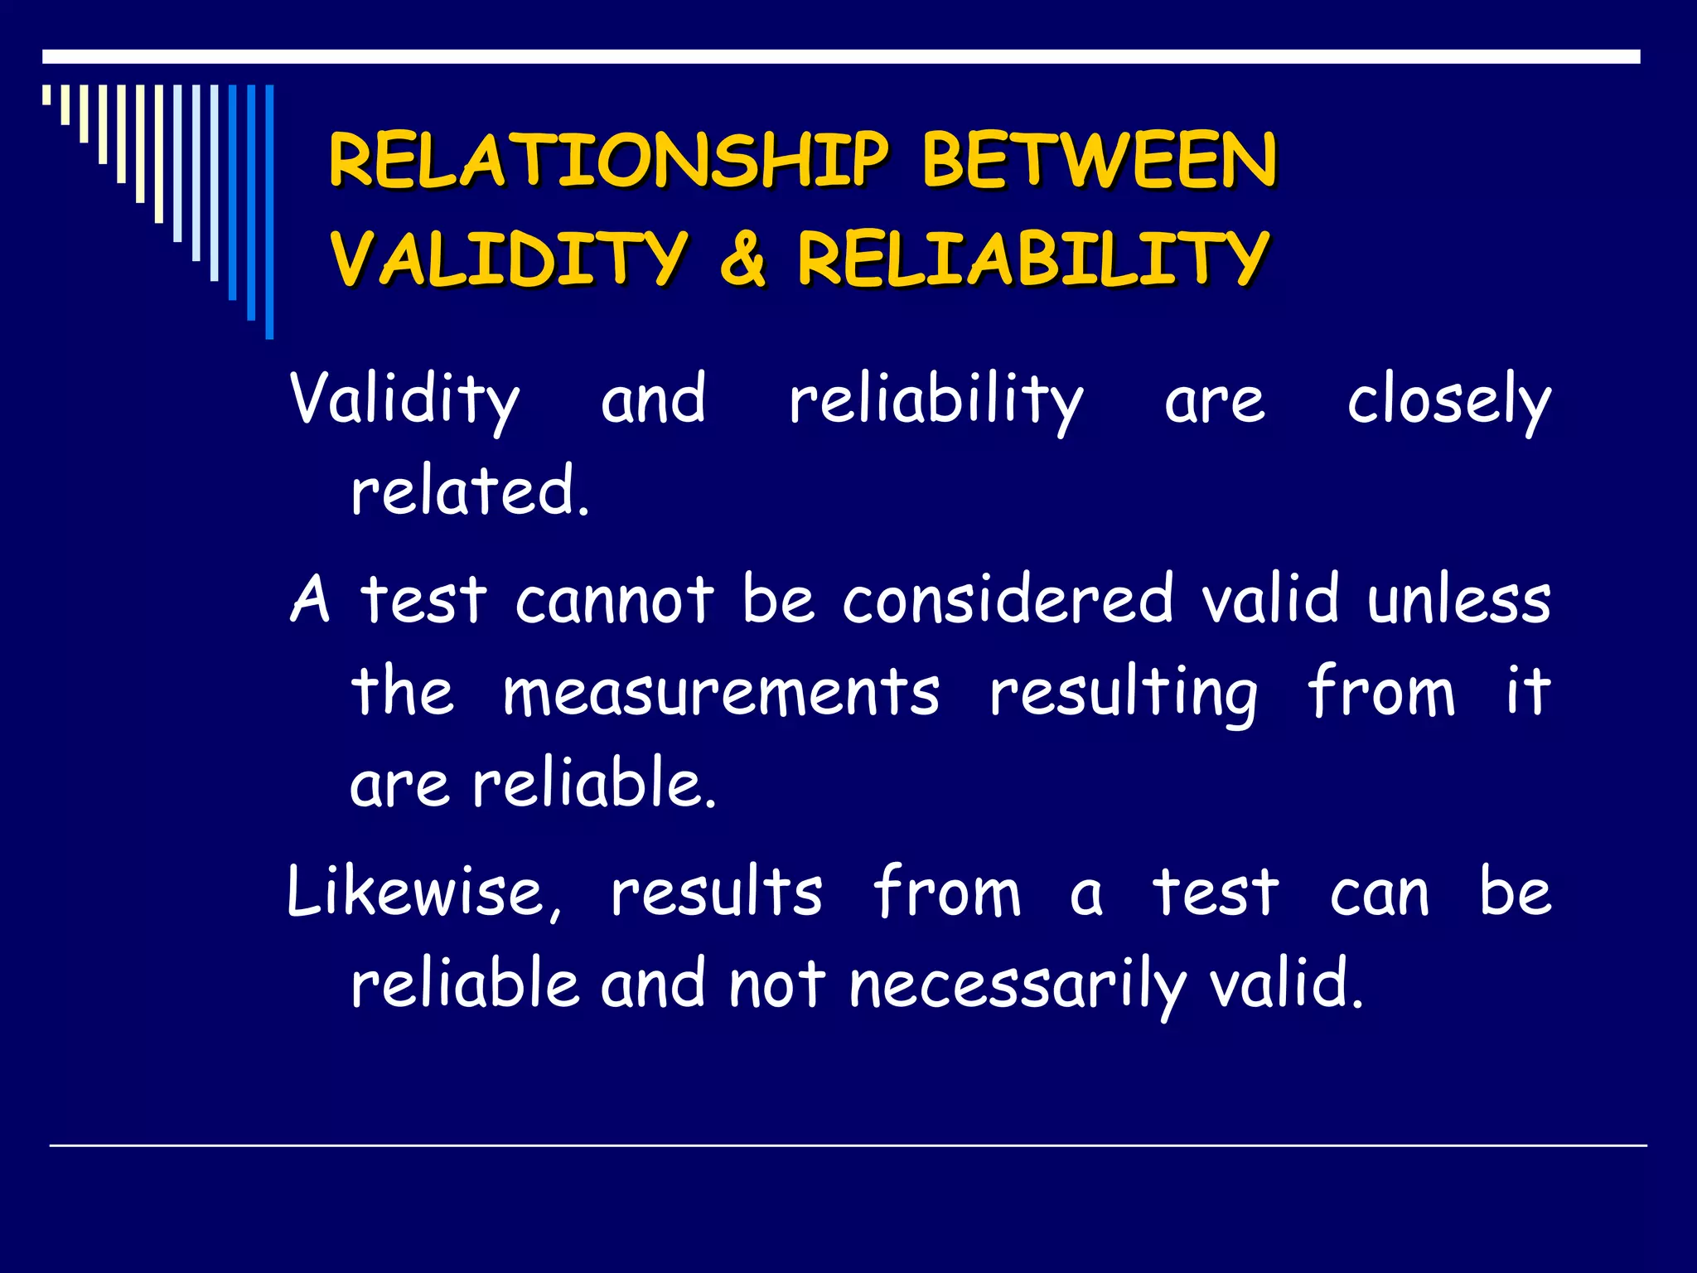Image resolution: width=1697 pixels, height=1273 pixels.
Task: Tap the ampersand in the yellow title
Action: click(742, 258)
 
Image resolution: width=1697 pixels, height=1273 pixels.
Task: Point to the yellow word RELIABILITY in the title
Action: click(1033, 258)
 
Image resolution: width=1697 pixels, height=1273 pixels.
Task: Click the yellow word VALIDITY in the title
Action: click(509, 258)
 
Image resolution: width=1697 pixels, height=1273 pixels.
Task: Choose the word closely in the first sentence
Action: click(1448, 401)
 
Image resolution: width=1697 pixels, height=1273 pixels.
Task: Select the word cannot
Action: click(614, 598)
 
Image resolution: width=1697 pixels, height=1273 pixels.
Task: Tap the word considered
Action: click(1008, 598)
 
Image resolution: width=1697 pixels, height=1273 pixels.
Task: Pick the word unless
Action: click(1458, 598)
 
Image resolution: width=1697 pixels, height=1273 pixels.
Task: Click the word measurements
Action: click(721, 693)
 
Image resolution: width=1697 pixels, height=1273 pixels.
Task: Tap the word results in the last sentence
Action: click(717, 893)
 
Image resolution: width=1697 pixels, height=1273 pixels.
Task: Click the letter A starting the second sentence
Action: click(311, 598)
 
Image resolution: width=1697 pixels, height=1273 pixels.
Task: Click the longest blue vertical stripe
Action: click(269, 212)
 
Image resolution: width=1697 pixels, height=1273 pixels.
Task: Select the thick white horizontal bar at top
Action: click(841, 57)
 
